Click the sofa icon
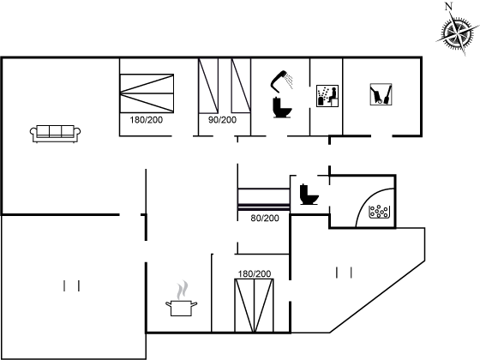[55, 134]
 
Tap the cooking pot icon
[181, 308]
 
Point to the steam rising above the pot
[182, 290]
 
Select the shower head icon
[281, 81]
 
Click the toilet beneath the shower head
[282, 107]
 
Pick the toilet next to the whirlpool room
[309, 194]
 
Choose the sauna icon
[327, 96]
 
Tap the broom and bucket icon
[381, 94]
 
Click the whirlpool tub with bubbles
[379, 212]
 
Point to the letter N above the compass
[449, 6]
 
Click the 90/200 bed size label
[223, 120]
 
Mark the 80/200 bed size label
[265, 218]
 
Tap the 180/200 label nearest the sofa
[146, 120]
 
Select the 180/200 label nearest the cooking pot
[255, 273]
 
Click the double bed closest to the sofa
[147, 93]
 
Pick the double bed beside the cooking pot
[254, 305]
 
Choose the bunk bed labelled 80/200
[264, 200]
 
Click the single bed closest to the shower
[241, 86]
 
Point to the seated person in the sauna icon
[333, 95]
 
